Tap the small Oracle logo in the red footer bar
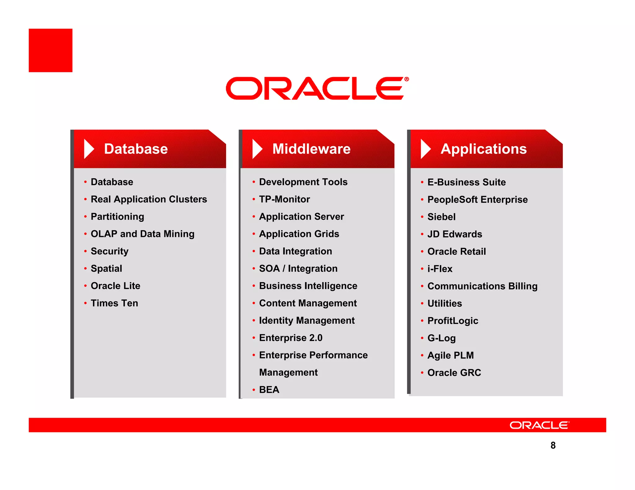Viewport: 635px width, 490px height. pos(539,425)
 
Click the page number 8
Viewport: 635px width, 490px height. pos(553,445)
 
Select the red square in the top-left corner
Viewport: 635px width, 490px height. pos(51,50)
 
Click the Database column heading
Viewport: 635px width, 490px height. pos(136,149)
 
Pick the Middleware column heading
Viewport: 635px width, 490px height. pos(311,149)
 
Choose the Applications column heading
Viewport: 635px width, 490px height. pos(483,149)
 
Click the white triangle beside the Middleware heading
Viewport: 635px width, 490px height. pos(257,149)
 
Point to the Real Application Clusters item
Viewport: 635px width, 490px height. pos(149,199)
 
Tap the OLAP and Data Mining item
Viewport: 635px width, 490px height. pos(143,234)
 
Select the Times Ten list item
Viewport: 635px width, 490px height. pos(114,303)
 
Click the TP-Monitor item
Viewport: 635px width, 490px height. pos(284,199)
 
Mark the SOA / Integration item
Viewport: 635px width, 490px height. pos(298,269)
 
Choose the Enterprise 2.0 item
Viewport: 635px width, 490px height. pos(291,338)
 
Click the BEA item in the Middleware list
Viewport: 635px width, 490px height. pos(269,390)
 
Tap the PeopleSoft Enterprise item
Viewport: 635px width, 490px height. pos(477,199)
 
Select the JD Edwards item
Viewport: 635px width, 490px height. pos(455,234)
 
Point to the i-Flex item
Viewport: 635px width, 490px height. pos(440,269)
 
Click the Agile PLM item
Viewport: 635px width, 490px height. pos(451,355)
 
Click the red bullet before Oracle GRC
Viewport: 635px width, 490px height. pos(422,373)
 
